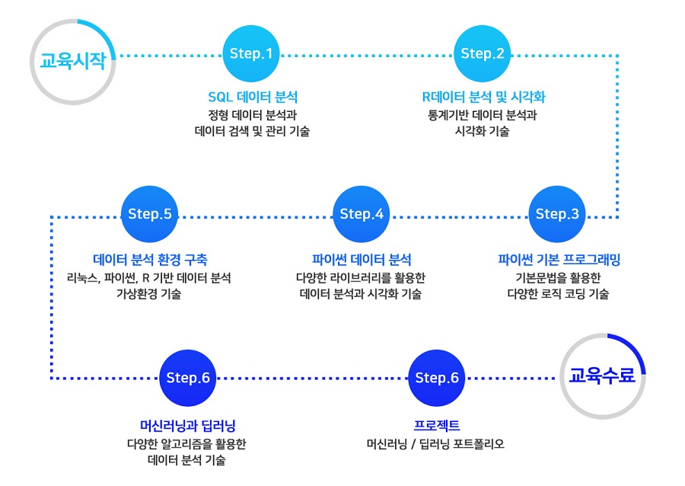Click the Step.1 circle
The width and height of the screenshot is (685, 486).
[251, 53]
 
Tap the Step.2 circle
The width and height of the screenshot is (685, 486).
[483, 53]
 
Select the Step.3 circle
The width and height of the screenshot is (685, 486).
[557, 214]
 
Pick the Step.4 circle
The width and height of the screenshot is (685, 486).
[362, 214]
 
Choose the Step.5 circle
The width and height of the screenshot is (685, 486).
[149, 214]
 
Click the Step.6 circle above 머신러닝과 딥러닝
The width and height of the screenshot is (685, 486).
[188, 378]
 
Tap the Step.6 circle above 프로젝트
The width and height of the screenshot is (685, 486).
[436, 378]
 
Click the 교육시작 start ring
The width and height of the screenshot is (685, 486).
[32, 62]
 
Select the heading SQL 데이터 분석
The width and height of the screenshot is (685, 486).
[253, 97]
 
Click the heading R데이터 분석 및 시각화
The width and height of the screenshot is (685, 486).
[483, 97]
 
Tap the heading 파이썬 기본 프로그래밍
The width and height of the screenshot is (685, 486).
[559, 260]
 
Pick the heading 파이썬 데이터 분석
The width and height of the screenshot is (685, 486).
[362, 260]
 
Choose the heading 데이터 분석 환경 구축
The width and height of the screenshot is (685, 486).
[150, 260]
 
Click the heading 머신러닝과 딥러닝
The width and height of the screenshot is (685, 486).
[188, 425]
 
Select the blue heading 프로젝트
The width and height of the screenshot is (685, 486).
[436, 425]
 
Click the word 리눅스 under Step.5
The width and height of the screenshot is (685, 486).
[81, 278]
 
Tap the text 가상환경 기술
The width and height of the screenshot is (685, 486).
[148, 294]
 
